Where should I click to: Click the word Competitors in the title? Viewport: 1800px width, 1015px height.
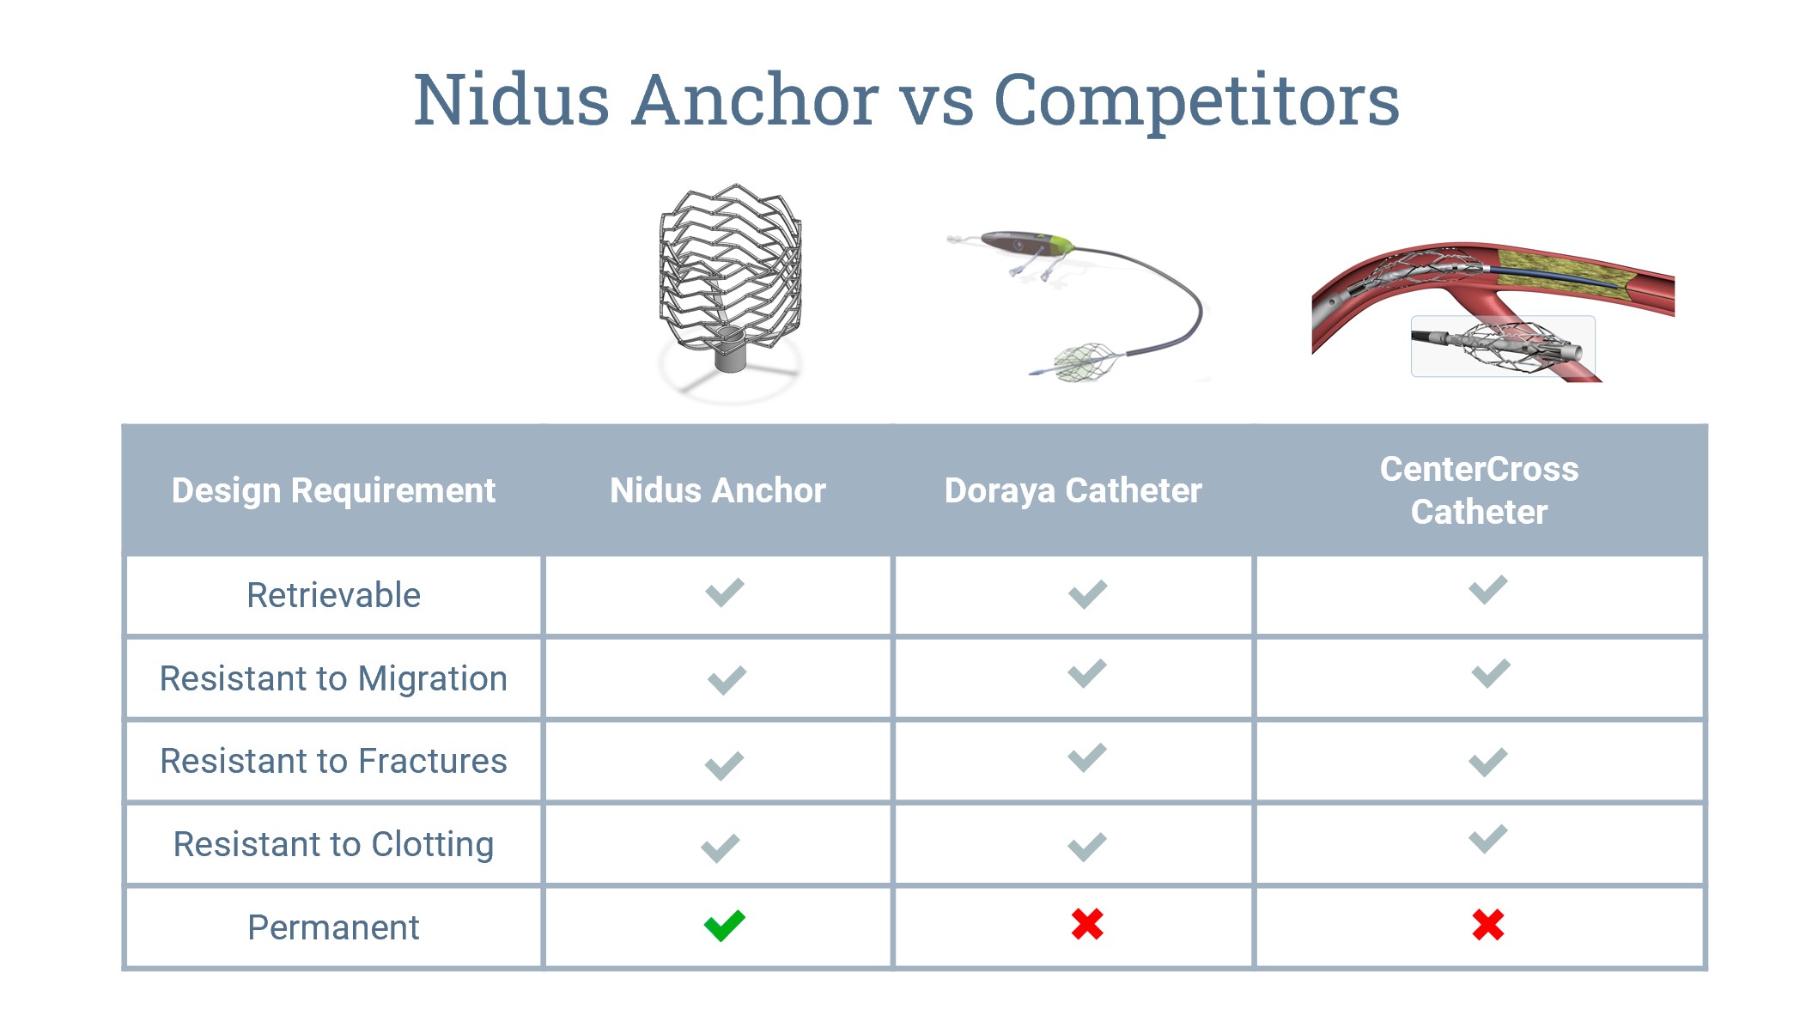(1196, 101)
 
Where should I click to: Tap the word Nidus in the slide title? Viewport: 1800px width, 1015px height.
(512, 100)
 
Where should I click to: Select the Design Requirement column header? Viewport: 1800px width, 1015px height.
(333, 490)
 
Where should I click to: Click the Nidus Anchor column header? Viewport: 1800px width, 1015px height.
(718, 490)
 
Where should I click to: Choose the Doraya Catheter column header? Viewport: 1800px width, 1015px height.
(1073, 490)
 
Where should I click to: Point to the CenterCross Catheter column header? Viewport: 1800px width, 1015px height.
(1480, 490)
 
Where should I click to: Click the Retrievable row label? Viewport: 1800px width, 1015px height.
(333, 595)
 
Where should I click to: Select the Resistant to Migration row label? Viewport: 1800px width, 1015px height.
(333, 678)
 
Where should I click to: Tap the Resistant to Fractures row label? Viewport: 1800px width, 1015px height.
(333, 761)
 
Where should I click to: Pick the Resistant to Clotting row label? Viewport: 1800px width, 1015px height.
(333, 844)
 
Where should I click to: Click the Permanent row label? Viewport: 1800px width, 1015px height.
(333, 927)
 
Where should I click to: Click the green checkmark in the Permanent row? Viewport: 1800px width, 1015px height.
(725, 926)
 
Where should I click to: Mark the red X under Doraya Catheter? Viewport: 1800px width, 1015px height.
(1087, 924)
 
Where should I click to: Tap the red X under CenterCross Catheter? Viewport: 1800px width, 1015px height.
(1488, 925)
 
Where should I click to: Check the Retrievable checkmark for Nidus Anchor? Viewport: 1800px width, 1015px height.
(725, 593)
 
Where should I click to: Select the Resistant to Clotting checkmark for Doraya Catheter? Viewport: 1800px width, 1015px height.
(1087, 847)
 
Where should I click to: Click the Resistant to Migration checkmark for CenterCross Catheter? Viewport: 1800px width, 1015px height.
(1491, 673)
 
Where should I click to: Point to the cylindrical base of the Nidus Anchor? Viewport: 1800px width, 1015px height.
(731, 349)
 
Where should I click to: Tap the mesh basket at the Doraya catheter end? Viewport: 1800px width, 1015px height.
(1085, 362)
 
